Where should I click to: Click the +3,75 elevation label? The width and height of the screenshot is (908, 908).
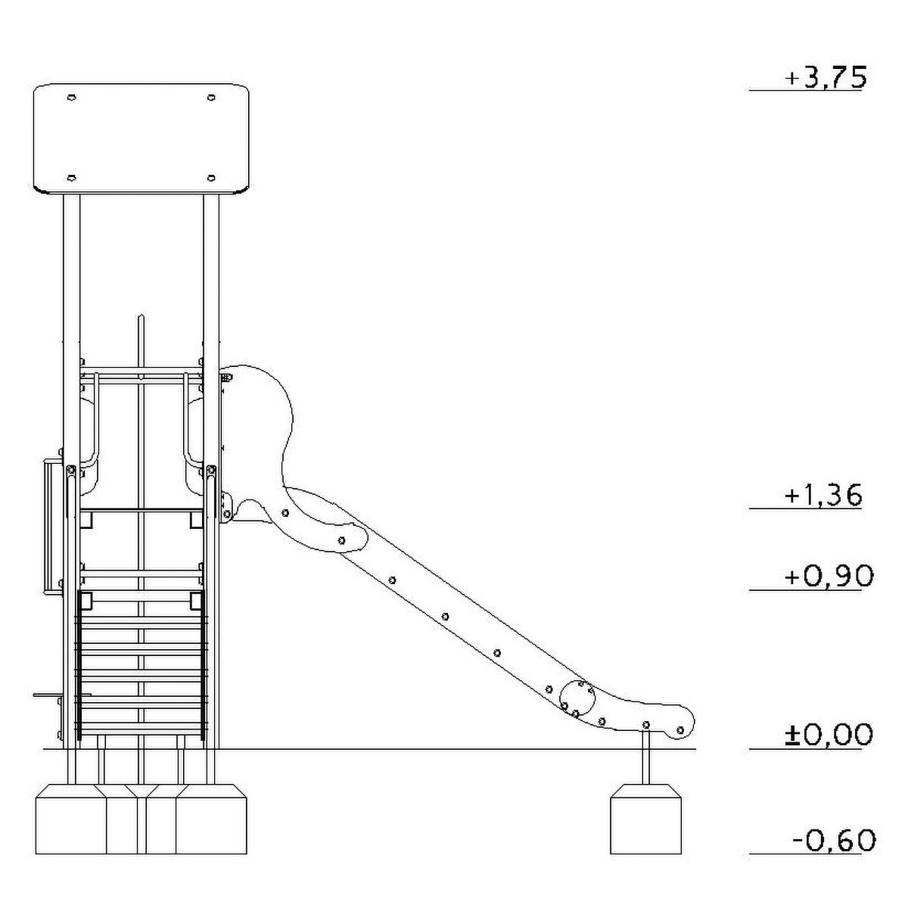pyautogui.click(x=825, y=77)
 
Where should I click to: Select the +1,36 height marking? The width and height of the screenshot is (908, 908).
pyautogui.click(x=823, y=495)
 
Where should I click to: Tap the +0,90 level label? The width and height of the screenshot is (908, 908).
pyautogui.click(x=829, y=577)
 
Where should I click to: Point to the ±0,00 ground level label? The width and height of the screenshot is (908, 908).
pyautogui.click(x=829, y=735)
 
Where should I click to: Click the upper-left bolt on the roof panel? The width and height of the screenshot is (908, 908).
pyautogui.click(x=72, y=98)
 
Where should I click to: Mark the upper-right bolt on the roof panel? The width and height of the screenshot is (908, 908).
pyautogui.click(x=212, y=98)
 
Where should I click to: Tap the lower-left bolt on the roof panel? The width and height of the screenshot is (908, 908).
pyautogui.click(x=72, y=178)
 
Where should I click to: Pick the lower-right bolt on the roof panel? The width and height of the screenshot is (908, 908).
pyautogui.click(x=212, y=178)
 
